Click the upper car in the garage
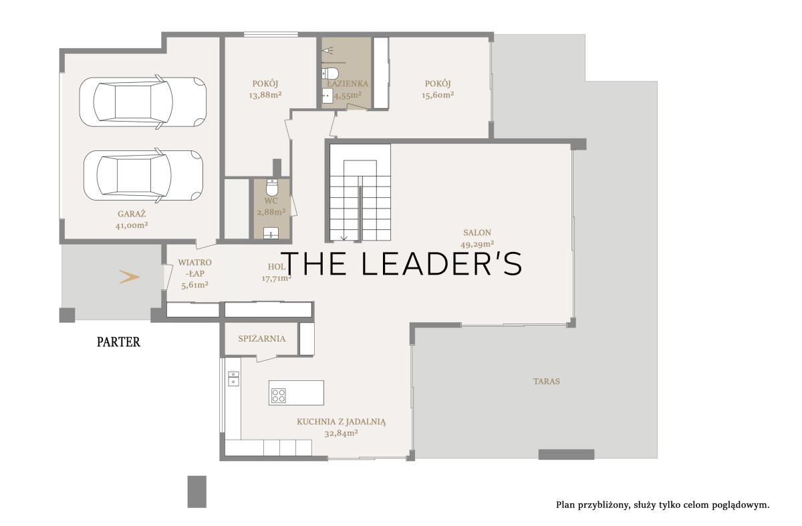pos(143,102)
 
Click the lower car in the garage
pos(143,176)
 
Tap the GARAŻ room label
pos(132,214)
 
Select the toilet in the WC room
pos(272,188)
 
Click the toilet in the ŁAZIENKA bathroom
pos(330,74)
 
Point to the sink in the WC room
pos(271,233)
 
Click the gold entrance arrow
pos(129,277)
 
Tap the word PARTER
pos(118,342)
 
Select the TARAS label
pos(547,382)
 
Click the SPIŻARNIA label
pos(262,338)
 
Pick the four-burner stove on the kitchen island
pos(278,396)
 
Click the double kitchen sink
pos(233,378)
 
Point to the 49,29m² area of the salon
pos(477,244)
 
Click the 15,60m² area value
pos(438,96)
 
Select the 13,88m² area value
pos(265,96)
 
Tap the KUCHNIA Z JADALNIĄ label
pos(342,422)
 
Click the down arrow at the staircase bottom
pos(344,237)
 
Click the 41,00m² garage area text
pos(132,226)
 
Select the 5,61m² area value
pos(194,285)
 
